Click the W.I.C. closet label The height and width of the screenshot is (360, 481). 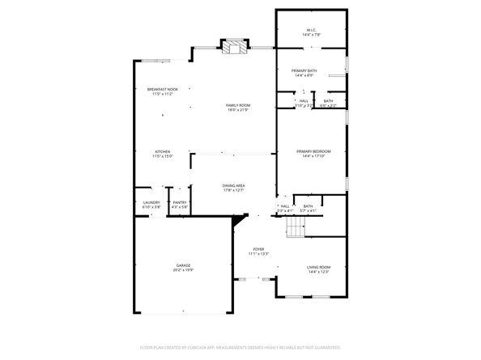311,31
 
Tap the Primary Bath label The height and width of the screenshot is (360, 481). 304,70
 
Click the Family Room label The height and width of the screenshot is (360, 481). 237,105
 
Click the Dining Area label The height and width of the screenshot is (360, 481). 233,185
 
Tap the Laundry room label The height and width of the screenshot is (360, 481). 151,202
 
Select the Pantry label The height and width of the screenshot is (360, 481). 180,202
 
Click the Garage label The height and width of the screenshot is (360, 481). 184,265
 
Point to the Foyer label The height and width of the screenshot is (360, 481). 258,249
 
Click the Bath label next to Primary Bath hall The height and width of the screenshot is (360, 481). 329,101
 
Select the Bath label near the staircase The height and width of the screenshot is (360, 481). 308,205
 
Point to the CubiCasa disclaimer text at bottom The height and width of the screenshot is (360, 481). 240,347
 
